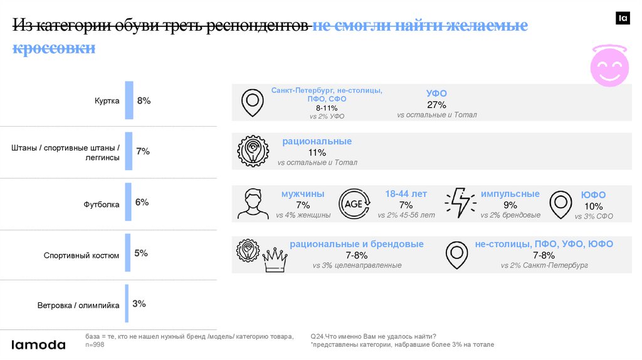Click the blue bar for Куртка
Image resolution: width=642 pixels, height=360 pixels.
(129, 100)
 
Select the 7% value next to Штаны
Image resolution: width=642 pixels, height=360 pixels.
(142, 151)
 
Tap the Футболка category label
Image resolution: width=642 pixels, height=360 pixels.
(102, 204)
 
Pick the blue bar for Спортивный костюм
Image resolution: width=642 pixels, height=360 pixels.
(128, 253)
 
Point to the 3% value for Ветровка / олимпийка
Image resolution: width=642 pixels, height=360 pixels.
(139, 304)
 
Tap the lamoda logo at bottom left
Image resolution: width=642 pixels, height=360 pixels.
(39, 344)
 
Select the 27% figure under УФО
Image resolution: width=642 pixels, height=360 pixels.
(436, 105)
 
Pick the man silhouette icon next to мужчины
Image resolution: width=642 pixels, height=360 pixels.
(253, 204)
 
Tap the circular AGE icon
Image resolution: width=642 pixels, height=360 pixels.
(354, 204)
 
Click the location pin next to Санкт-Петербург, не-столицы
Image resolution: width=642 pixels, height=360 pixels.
(253, 102)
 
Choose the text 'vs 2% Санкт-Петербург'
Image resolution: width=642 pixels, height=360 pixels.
(544, 265)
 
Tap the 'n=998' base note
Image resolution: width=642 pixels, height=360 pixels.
(96, 345)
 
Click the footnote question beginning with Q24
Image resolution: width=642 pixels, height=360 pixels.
(373, 337)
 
